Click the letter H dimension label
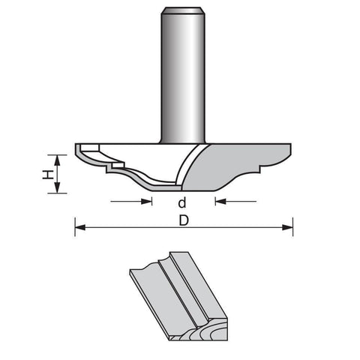pyautogui.click(x=48, y=174)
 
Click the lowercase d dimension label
pyautogui.click(x=182, y=202)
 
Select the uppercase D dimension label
pyautogui.click(x=184, y=220)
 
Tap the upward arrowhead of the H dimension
pyautogui.click(x=58, y=160)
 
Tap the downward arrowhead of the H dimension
pyautogui.click(x=58, y=187)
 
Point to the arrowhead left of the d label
pyautogui.click(x=146, y=201)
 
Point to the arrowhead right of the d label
pyautogui.click(x=220, y=201)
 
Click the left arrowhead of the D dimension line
pyautogui.click(x=80, y=227)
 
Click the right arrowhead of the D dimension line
pyautogui.click(x=287, y=227)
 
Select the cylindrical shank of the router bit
pyautogui.click(x=183, y=75)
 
